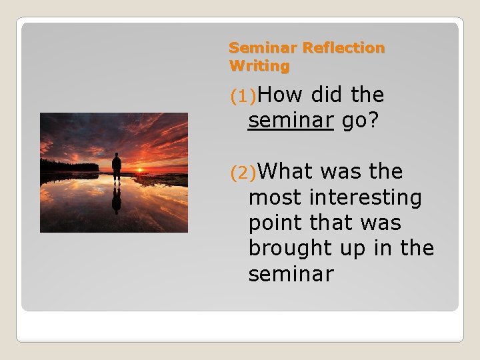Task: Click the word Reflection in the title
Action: coord(343,48)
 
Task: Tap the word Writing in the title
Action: coord(259,66)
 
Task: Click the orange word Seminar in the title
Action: coord(263,48)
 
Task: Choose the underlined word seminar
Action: coord(290,121)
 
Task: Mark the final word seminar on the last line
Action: coord(290,273)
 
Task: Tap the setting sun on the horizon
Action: coord(139,171)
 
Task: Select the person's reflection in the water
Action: coord(117,198)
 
